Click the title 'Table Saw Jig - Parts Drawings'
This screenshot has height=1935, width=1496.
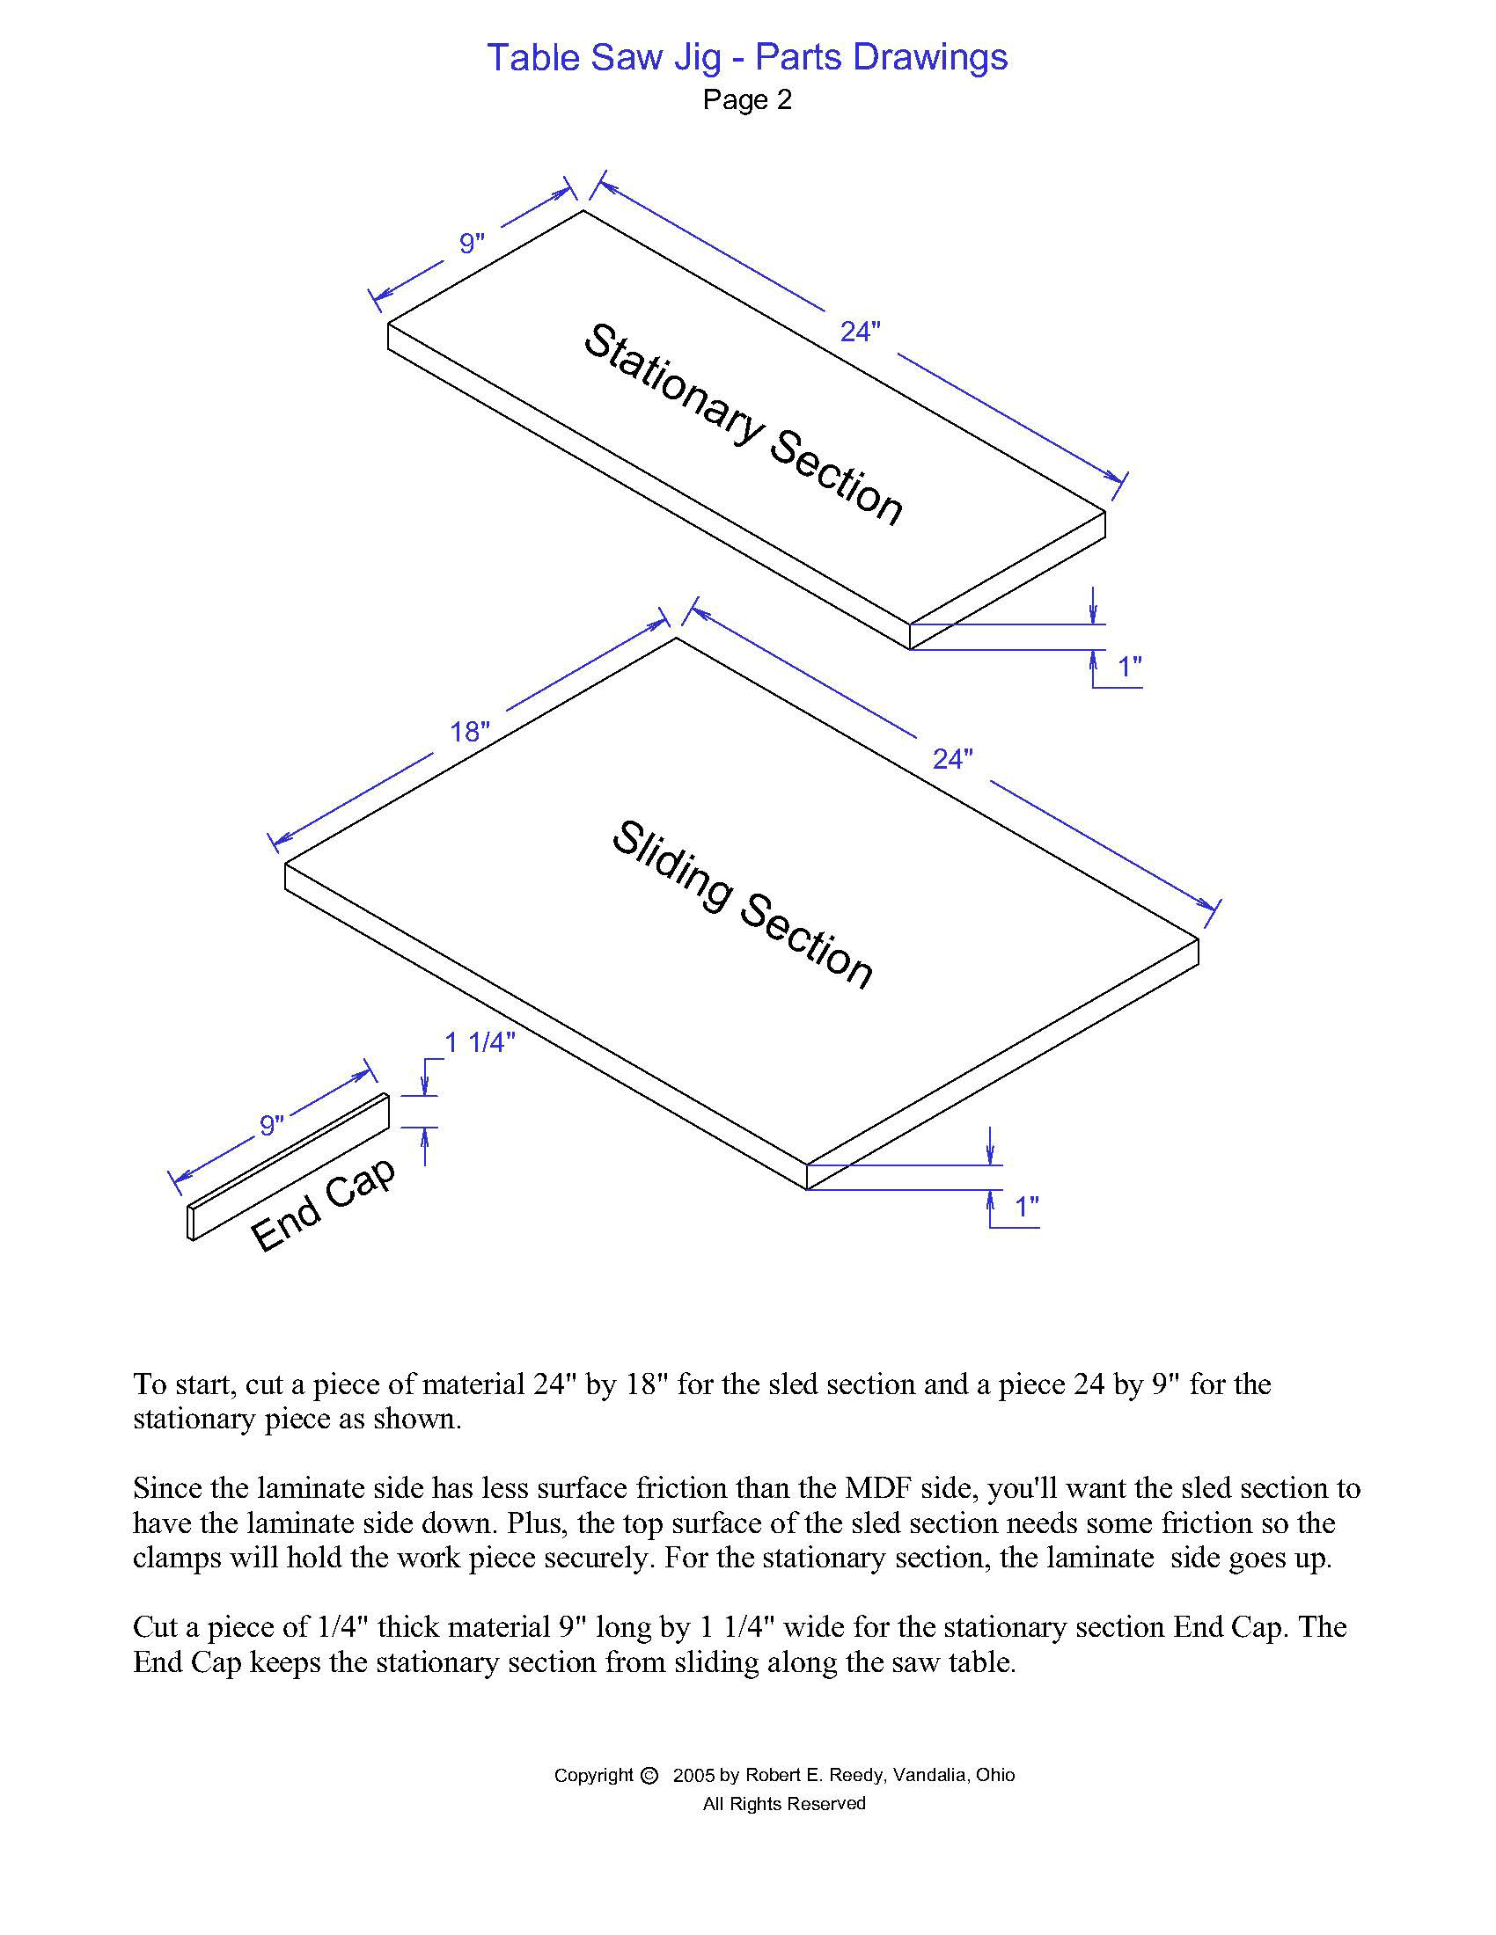click(x=747, y=57)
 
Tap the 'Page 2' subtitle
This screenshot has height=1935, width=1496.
click(x=747, y=100)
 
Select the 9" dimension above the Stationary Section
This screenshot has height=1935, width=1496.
click(x=472, y=244)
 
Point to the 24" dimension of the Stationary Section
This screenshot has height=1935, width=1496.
click(x=860, y=332)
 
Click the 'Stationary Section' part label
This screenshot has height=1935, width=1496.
click(x=743, y=425)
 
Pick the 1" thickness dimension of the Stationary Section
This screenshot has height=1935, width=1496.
click(x=1129, y=667)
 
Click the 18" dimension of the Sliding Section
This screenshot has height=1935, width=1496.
click(x=470, y=732)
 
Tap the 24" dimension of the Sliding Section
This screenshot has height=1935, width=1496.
click(x=953, y=759)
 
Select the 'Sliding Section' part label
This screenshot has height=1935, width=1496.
click(x=743, y=902)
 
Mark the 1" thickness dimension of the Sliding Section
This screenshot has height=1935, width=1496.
click(x=1026, y=1206)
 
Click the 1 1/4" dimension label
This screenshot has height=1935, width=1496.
click(x=480, y=1043)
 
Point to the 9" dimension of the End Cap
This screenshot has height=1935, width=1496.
click(x=271, y=1125)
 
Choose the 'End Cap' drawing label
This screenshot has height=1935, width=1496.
click(x=324, y=1205)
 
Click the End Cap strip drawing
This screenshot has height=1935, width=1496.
click(x=289, y=1167)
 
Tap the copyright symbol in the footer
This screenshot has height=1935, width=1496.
click(x=649, y=1775)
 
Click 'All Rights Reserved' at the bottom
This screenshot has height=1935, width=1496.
click(x=783, y=1803)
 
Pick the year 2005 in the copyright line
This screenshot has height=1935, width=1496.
click(x=693, y=1775)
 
